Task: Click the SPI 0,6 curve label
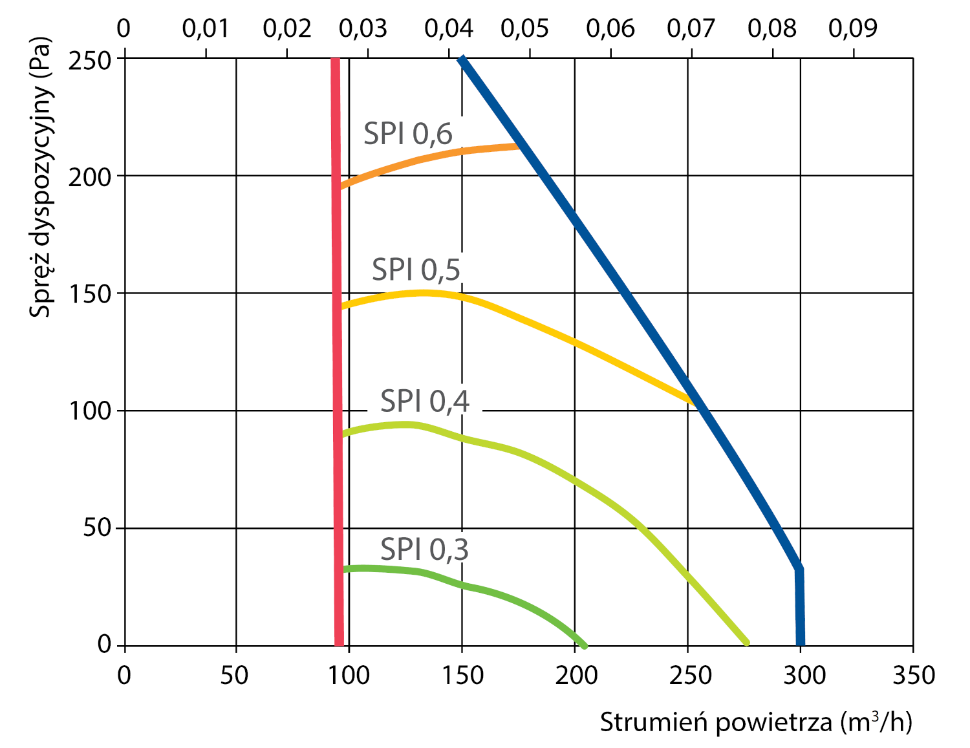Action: point(407,134)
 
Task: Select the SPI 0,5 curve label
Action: point(416,269)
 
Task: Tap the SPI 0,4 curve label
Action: point(424,401)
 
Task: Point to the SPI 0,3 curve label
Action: point(424,550)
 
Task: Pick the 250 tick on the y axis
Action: point(90,62)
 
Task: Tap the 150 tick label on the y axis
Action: point(90,294)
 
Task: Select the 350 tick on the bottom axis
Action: point(913,676)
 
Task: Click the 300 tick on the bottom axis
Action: point(804,676)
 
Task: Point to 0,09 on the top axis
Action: point(853,28)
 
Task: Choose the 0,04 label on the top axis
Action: point(449,28)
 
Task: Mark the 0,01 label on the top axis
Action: point(205,28)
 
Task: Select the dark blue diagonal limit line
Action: point(621,284)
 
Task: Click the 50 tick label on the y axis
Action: point(97,528)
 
